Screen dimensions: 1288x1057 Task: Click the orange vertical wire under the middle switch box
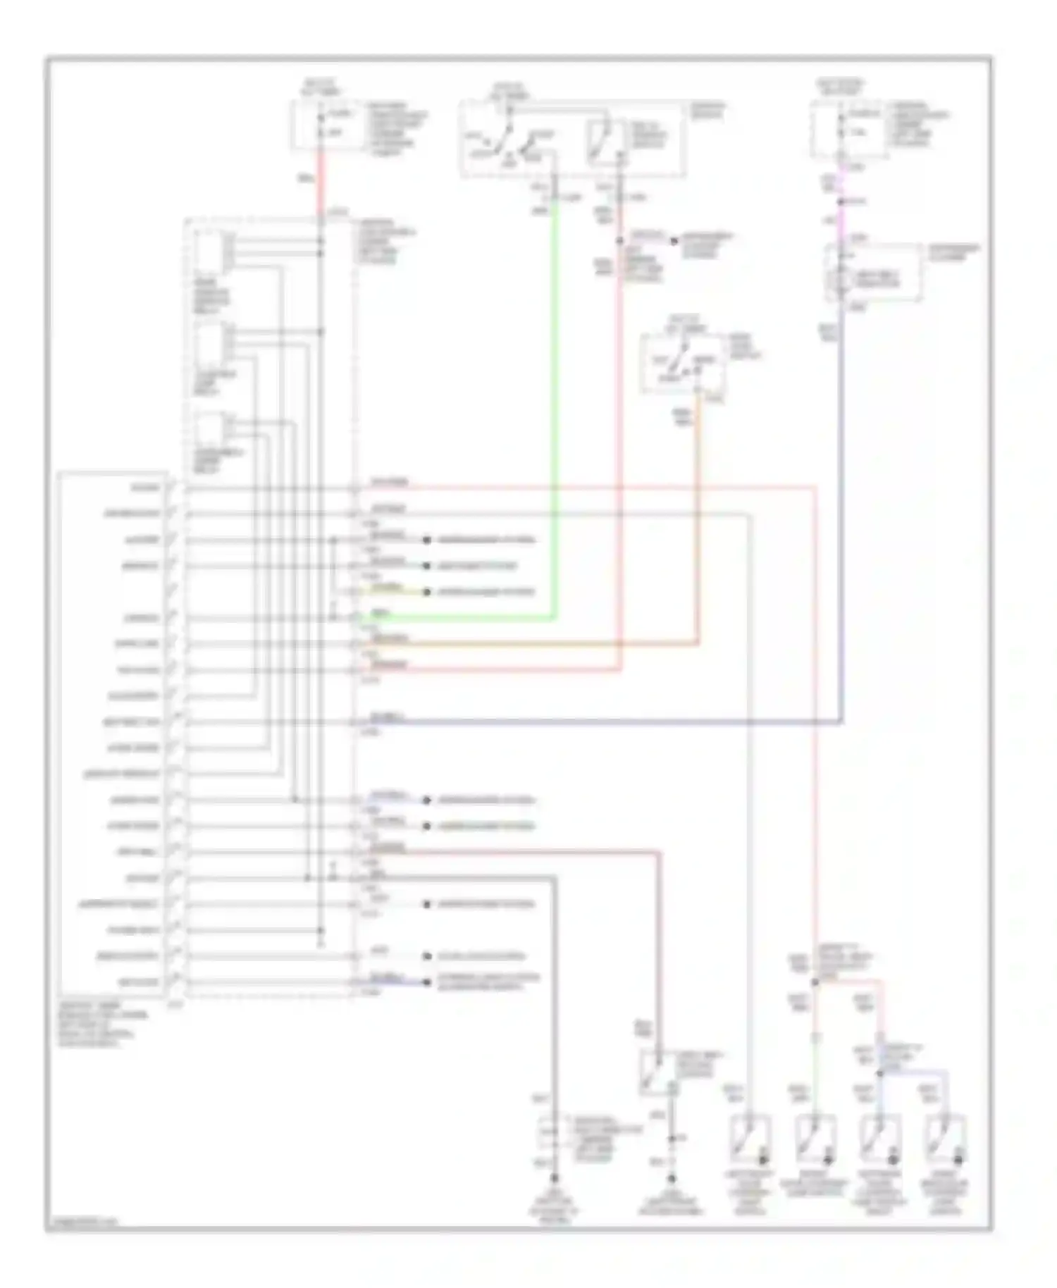[698, 528]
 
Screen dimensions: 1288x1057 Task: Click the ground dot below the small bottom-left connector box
[555, 1177]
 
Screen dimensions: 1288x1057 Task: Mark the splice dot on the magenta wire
[841, 203]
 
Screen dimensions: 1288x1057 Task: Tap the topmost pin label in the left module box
[144, 488]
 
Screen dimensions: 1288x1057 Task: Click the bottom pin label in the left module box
[144, 982]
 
